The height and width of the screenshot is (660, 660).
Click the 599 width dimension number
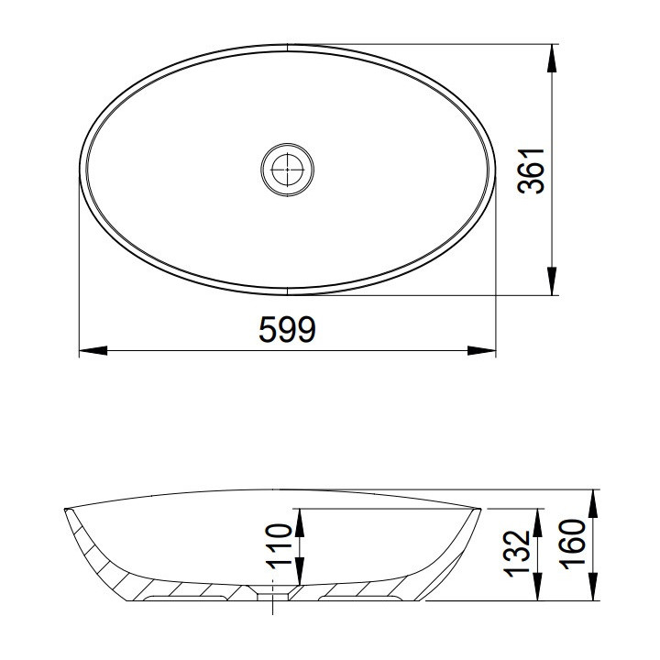click(x=287, y=329)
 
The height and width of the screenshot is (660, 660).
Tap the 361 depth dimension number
click(x=531, y=170)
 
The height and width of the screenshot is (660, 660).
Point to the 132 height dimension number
click(x=516, y=554)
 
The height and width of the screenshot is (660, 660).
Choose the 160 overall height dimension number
click(x=574, y=544)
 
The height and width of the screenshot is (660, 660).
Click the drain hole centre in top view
click(x=288, y=170)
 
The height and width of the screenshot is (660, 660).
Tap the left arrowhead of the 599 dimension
click(x=93, y=350)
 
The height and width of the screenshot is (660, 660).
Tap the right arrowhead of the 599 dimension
click(x=482, y=350)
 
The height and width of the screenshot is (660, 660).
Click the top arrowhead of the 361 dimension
click(x=552, y=59)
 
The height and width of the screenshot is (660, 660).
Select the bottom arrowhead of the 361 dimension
click(x=552, y=280)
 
